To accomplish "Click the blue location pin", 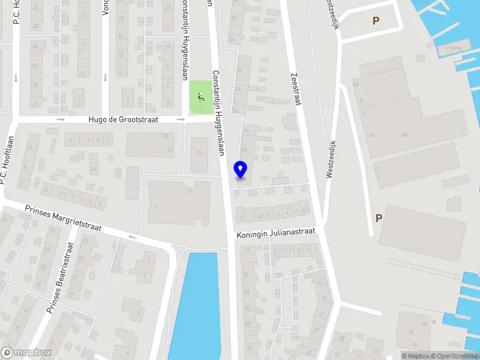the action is pos(241,169).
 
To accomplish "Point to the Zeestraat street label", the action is pos(295,89).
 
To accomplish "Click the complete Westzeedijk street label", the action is pos(329,160).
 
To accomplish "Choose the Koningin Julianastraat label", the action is pos(275,233).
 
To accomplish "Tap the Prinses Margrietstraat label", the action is pos(63,219).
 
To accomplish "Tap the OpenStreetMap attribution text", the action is pos(457,356).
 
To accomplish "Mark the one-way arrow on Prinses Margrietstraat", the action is pos(132,236).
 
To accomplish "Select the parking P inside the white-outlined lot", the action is pos(376,20).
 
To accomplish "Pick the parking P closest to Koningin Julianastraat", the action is pos(379,218).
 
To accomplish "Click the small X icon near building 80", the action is pos(434,322).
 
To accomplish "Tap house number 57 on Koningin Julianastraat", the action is pos(305,209).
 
